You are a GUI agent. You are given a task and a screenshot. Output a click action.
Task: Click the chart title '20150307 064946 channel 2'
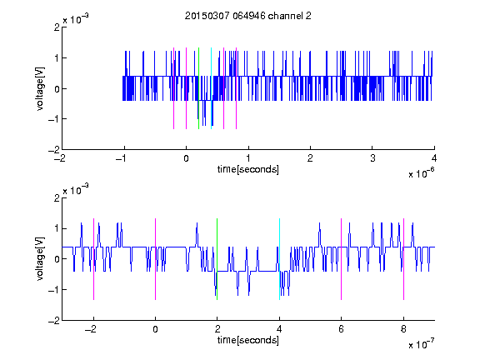[248, 16]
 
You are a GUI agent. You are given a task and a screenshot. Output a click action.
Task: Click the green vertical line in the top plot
[198, 88]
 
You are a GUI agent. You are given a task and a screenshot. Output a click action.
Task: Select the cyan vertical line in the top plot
[211, 88]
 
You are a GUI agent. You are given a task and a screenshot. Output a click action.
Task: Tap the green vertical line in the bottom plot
[217, 259]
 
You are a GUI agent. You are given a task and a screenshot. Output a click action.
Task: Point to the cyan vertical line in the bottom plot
[279, 259]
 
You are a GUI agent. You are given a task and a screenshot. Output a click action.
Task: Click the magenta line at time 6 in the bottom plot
[342, 259]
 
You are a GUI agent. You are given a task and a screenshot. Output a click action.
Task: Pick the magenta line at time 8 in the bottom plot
[404, 259]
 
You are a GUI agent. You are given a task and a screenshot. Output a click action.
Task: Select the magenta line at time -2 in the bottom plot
[93, 259]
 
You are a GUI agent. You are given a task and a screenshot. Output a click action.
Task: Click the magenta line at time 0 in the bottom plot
[156, 259]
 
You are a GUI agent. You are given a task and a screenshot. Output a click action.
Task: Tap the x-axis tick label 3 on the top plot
[372, 158]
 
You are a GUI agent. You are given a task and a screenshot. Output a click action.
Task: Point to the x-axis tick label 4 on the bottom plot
[279, 329]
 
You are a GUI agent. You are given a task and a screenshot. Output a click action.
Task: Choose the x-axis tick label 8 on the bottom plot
[403, 329]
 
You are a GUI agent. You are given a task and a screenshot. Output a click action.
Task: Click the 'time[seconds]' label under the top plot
[248, 169]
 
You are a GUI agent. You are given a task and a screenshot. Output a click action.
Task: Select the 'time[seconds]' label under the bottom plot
[248, 340]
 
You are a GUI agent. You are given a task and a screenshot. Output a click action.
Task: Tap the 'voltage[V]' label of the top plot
[40, 88]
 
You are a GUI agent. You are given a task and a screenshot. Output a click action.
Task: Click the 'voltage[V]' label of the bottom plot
[40, 259]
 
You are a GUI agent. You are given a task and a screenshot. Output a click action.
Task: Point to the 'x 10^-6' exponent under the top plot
[421, 173]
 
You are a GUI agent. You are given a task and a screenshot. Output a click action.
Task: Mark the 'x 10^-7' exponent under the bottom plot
[421, 344]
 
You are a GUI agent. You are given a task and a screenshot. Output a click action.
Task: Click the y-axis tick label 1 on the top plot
[57, 58]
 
